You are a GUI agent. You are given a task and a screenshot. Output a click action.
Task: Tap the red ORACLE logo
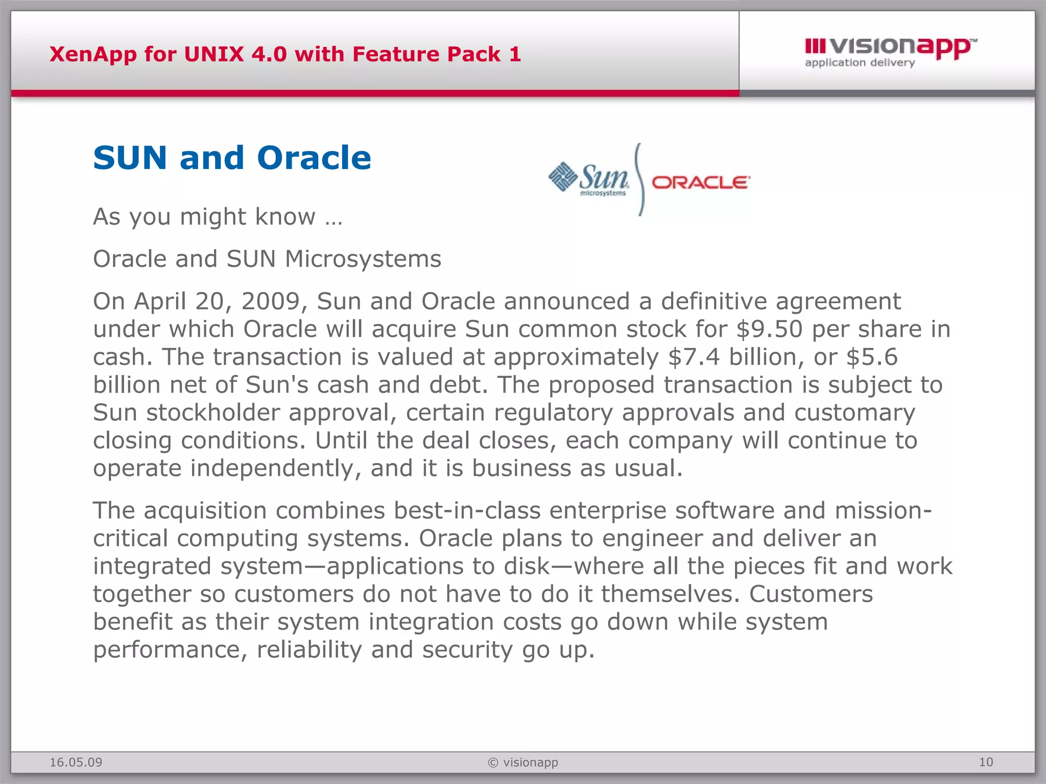click(700, 183)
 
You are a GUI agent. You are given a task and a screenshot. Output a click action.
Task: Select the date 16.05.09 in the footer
click(76, 763)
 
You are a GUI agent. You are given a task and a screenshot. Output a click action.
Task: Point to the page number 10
click(986, 763)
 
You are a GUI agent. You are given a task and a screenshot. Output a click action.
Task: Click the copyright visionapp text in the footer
click(523, 763)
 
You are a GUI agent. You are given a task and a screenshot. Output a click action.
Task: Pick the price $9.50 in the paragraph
click(769, 329)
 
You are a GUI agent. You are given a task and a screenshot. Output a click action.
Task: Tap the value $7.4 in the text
click(694, 357)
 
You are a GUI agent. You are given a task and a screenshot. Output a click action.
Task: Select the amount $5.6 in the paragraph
click(872, 357)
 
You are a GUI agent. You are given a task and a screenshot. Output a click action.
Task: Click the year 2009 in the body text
click(274, 301)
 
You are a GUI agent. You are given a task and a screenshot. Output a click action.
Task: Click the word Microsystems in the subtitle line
click(363, 259)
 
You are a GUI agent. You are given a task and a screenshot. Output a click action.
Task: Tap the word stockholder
click(213, 412)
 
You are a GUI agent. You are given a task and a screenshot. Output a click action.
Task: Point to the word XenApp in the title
click(93, 54)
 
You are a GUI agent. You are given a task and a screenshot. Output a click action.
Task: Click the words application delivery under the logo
click(860, 63)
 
